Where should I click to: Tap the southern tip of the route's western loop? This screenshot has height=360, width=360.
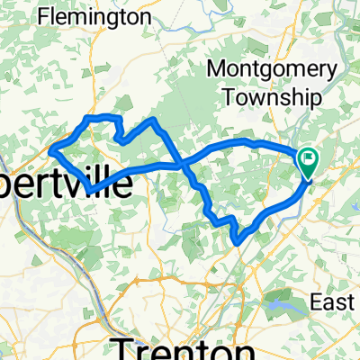pyautogui.click(x=91, y=191)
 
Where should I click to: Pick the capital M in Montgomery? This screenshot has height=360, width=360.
pyautogui.click(x=216, y=69)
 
